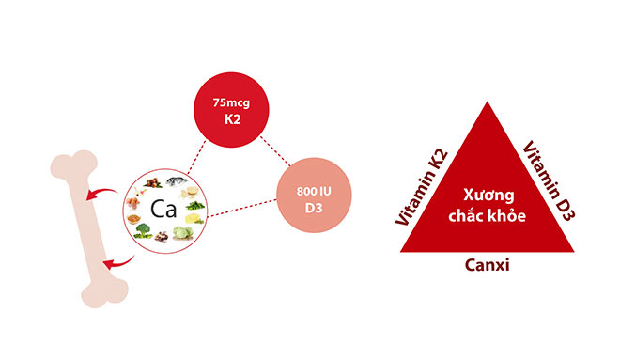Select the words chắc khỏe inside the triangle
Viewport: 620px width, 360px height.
pyautogui.click(x=487, y=215)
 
